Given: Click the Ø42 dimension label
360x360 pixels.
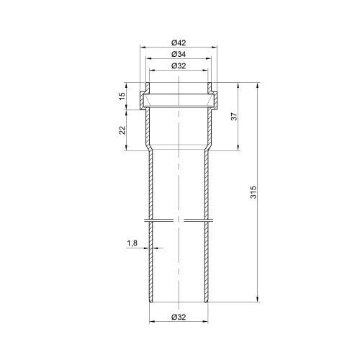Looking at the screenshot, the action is click(x=179, y=43).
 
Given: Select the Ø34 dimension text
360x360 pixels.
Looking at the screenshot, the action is click(x=179, y=55).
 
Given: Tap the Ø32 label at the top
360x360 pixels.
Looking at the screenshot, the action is click(x=179, y=66).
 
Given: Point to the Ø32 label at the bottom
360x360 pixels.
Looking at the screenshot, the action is click(x=179, y=318).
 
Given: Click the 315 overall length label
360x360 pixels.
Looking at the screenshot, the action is click(x=253, y=192).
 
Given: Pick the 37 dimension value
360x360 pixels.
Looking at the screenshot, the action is click(x=234, y=117).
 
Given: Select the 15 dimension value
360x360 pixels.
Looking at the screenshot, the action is click(x=122, y=96).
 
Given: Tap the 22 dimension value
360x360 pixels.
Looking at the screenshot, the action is click(x=122, y=130).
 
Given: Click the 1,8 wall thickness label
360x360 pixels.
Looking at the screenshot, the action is click(x=132, y=243).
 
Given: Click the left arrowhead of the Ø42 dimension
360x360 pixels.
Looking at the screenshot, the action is click(x=143, y=48).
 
